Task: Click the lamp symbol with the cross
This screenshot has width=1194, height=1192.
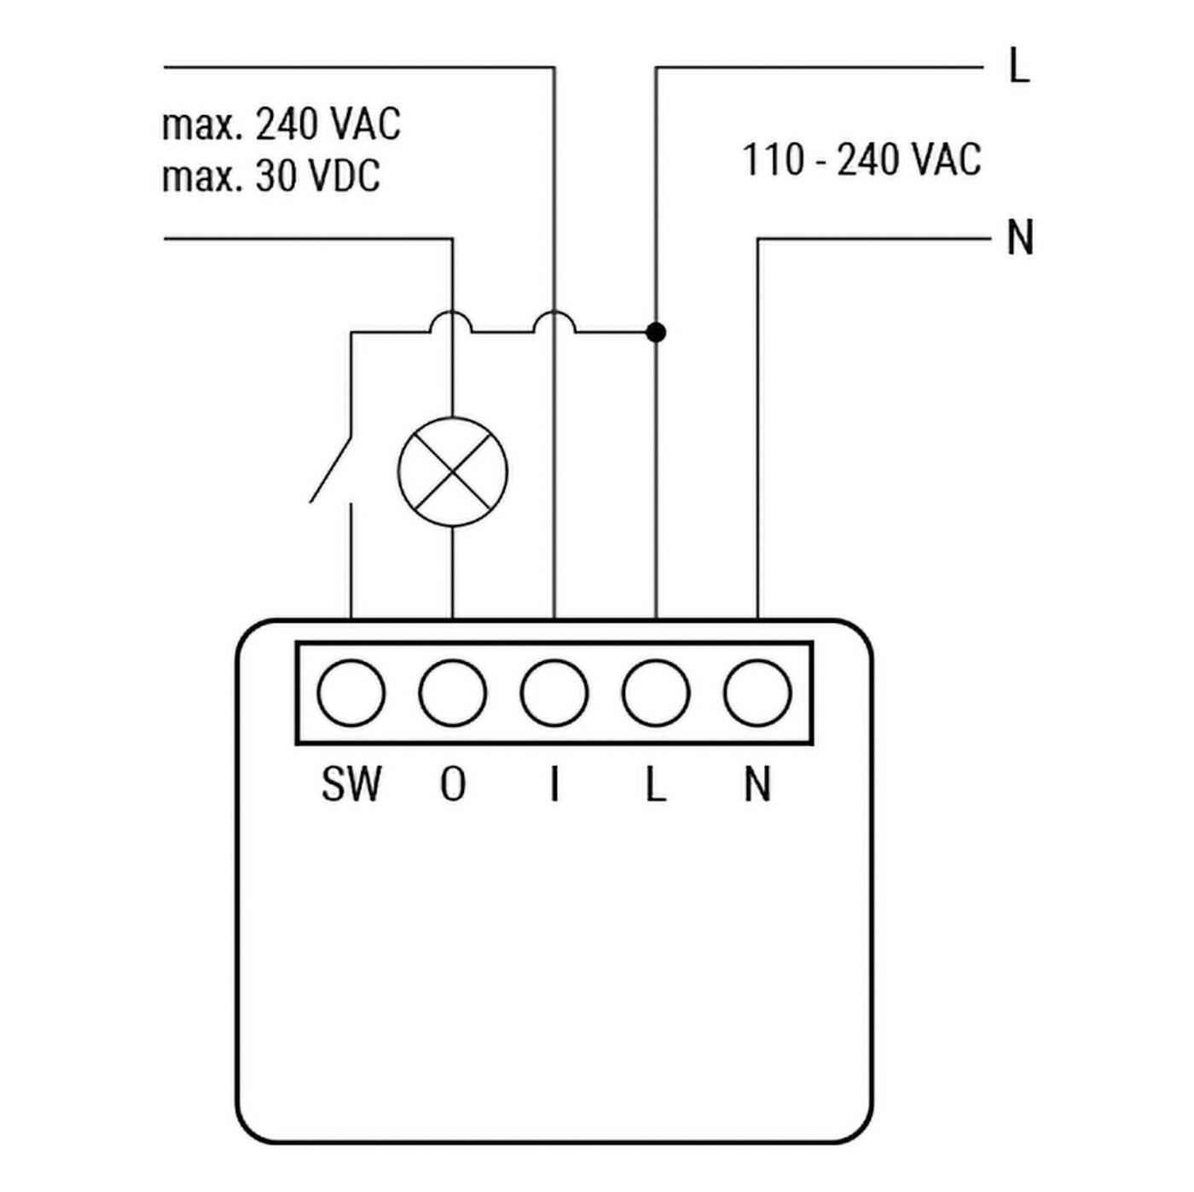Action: pos(452,472)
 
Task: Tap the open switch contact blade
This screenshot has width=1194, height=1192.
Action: pos(331,469)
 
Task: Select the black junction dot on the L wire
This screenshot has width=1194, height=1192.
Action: pos(655,332)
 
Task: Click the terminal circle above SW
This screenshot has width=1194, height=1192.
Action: pos(351,692)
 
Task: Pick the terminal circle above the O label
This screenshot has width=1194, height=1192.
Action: pos(452,692)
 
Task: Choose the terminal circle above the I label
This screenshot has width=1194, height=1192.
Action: pos(554,692)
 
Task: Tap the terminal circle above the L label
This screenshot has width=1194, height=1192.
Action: pos(656,692)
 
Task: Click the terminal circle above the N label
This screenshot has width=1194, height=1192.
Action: pos(757,692)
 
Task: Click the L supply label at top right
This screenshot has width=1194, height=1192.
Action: pos(1018,66)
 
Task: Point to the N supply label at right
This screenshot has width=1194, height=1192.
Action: pos(1020,238)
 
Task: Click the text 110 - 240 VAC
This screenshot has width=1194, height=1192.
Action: pos(861,160)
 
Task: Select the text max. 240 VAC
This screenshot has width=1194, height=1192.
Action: pos(281,125)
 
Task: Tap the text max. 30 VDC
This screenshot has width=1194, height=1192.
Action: pos(271,177)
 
